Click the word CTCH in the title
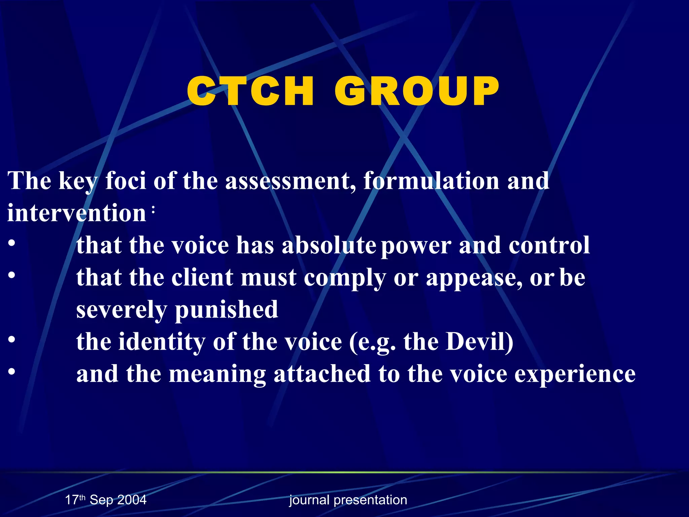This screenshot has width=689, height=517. [251, 91]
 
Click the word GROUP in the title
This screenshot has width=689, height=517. [416, 91]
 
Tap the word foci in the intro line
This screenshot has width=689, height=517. [125, 181]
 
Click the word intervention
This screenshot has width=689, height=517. [77, 213]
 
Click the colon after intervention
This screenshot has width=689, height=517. [153, 210]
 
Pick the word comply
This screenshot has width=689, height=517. [345, 278]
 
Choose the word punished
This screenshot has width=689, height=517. [227, 310]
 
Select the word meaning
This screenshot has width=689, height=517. [217, 374]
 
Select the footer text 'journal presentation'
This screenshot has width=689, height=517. [348, 500]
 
